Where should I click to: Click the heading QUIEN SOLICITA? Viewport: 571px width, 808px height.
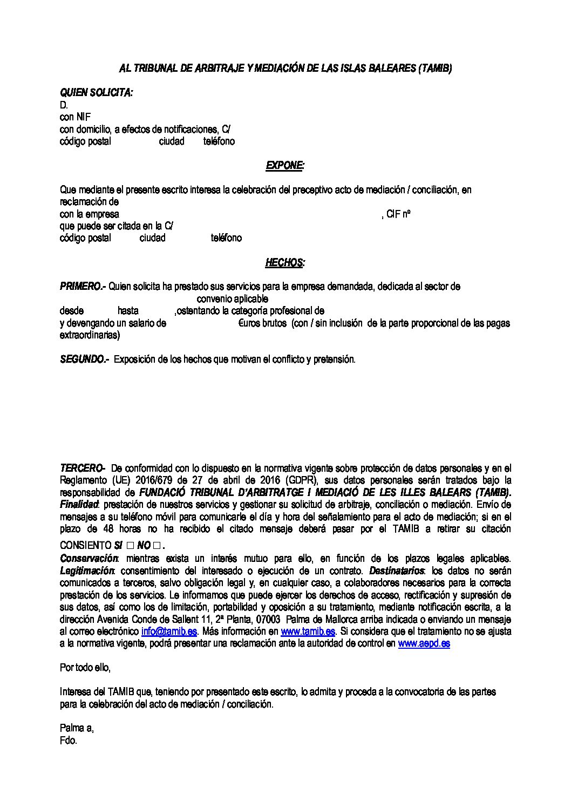[96, 93]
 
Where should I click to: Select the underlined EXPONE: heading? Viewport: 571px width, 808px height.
[284, 166]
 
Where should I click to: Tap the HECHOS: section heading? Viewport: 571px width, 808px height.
[284, 263]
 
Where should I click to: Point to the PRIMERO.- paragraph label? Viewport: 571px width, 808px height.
[83, 287]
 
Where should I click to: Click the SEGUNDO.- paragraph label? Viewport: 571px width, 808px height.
[85, 359]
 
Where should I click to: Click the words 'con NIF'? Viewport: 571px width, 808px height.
[74, 117]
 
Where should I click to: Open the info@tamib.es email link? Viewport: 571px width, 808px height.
[169, 631]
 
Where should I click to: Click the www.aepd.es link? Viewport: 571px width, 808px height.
[424, 643]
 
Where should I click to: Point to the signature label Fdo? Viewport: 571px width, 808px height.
[69, 741]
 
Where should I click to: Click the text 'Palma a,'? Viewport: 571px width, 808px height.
[77, 728]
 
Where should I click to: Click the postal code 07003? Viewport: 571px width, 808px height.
[267, 619]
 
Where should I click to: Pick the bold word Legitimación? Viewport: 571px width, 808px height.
[87, 571]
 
